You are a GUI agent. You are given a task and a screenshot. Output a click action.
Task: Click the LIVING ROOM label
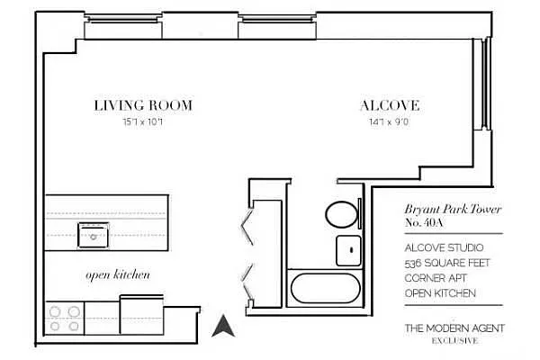click(x=143, y=105)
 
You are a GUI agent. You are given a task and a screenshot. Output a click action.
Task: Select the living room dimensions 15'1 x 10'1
click(x=142, y=121)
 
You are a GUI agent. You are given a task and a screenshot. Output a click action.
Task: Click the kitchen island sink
click(x=93, y=236)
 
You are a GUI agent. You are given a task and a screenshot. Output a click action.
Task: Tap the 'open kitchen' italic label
click(x=117, y=274)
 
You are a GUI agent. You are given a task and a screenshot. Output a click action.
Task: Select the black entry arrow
click(x=221, y=325)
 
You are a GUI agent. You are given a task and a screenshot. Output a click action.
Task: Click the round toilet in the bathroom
click(x=340, y=214)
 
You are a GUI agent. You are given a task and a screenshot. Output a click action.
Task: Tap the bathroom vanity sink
click(x=346, y=250)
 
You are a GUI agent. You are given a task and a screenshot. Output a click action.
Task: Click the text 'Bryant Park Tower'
click(x=452, y=209)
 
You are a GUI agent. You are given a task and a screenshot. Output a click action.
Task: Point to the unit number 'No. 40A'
click(x=424, y=223)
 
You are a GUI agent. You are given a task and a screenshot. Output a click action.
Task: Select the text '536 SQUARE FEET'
click(x=444, y=263)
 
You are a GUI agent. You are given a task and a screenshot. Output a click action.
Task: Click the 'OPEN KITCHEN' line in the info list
click(x=440, y=293)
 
